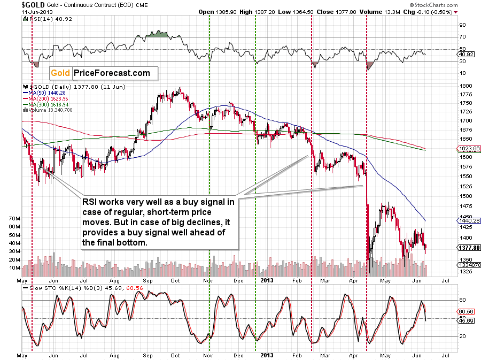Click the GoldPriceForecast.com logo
click(100, 73)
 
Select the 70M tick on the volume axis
click(14, 219)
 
